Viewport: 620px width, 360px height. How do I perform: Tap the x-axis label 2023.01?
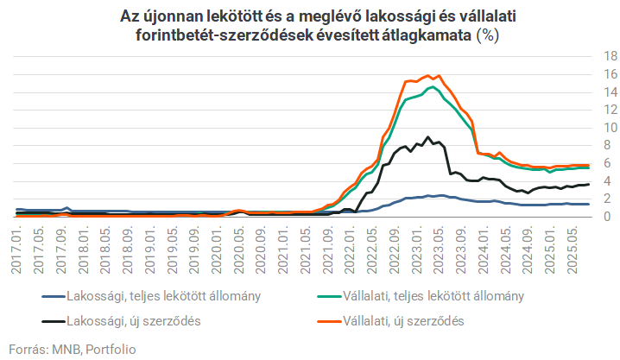coord(419,250)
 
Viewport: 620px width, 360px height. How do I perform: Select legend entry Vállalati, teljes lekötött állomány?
coord(440,295)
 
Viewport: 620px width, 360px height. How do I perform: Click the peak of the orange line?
coord(428,75)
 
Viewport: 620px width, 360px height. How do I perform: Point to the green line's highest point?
coord(428,87)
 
